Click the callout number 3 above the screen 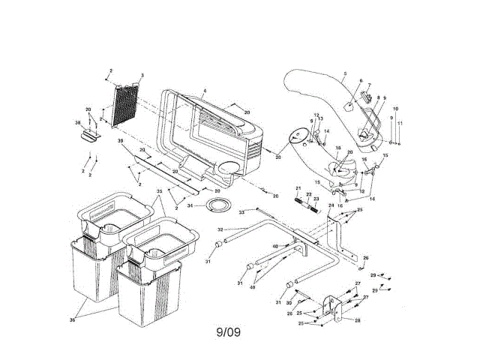coord(142,76)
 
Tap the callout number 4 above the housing coord(204,91)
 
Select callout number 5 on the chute coord(344,74)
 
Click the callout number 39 coord(120,142)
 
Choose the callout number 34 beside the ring coord(190,205)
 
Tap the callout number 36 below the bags coord(73,320)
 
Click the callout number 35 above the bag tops coord(158,192)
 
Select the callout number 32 coord(219,229)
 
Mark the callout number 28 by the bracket coord(357,320)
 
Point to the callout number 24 coord(330,205)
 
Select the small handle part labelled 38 coord(88,135)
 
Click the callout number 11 coord(400,123)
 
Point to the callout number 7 coord(368,86)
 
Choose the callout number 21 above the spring coord(297,187)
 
